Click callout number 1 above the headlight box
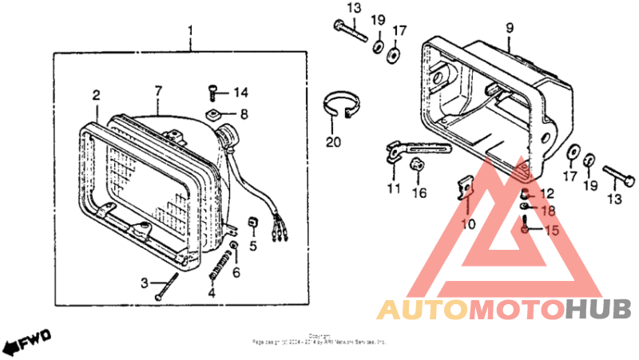[x=191, y=32]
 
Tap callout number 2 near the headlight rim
[x=96, y=95]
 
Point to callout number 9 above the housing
[x=510, y=29]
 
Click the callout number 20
[x=333, y=143]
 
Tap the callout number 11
[x=392, y=188]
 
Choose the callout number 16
[x=419, y=192]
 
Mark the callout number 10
[x=468, y=224]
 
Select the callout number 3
[x=145, y=283]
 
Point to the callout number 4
[x=212, y=293]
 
